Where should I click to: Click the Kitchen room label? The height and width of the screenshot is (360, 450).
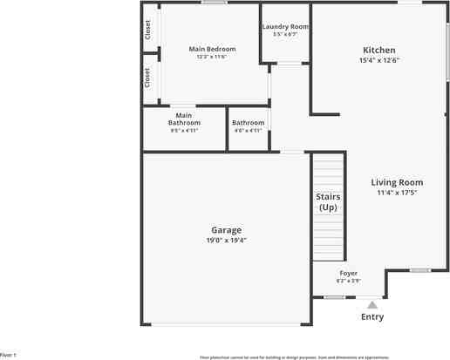[x=379, y=50]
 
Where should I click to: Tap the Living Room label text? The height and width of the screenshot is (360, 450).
[x=397, y=182]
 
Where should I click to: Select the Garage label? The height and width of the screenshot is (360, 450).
[x=226, y=230]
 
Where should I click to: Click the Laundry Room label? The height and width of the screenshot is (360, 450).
[x=285, y=27]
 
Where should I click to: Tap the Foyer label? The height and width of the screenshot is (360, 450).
[x=348, y=273]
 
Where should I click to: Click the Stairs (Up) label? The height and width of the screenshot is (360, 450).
[x=327, y=202]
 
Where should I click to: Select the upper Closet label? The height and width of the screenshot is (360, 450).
[x=148, y=31]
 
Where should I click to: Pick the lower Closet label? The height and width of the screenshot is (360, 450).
[x=148, y=77]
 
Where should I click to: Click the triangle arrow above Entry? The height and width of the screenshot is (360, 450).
[x=372, y=305]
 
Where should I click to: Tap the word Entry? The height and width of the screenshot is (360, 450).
[x=372, y=316]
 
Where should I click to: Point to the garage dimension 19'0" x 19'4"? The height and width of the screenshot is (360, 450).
[x=226, y=240]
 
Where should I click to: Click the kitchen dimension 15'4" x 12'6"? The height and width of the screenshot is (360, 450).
[x=379, y=60]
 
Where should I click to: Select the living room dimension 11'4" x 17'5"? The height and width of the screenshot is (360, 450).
[x=397, y=193]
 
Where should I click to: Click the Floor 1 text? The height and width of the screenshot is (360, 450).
[x=8, y=356]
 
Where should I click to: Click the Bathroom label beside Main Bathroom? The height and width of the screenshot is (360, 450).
[x=248, y=123]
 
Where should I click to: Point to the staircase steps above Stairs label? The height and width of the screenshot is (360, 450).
[x=329, y=170]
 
